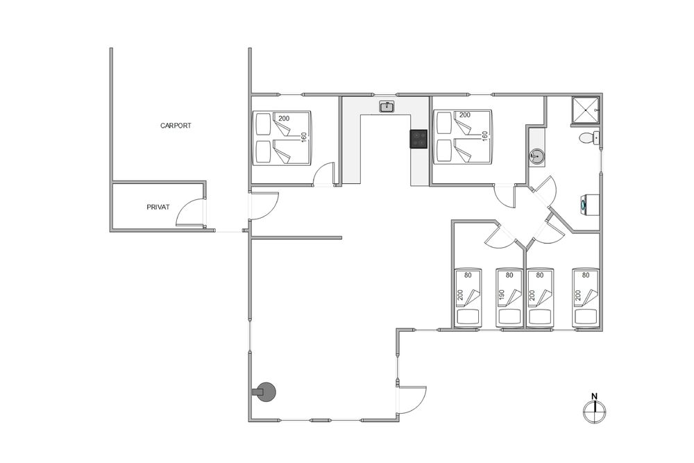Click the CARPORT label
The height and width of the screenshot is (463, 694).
[x=176, y=126]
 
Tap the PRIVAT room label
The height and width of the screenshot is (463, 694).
[x=158, y=207]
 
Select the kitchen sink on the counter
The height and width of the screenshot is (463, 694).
[x=387, y=107]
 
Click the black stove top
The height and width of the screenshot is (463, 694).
[x=418, y=139]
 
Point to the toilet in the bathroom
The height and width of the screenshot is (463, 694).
[x=589, y=138]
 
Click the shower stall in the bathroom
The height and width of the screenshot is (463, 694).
[x=586, y=110]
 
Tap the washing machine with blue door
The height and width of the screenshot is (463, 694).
[x=589, y=205]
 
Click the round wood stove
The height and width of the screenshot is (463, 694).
[x=266, y=392]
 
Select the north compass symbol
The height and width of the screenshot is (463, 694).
[x=595, y=412]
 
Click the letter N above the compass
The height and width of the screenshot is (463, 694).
[x=595, y=396]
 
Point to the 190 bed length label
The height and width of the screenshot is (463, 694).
[x=502, y=295]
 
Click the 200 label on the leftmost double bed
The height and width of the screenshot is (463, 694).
[x=284, y=118]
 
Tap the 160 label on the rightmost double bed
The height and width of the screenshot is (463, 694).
[x=484, y=136]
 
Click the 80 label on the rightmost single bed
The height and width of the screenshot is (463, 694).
[x=586, y=275]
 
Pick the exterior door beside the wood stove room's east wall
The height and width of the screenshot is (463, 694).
[x=412, y=400]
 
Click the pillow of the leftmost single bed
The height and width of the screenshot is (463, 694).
[x=468, y=317]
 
